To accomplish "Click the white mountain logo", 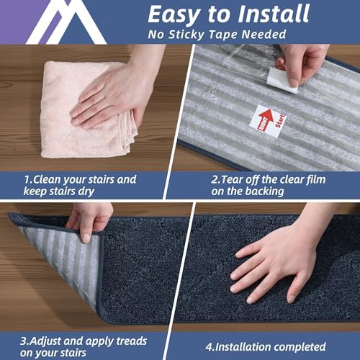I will pyautogui.click(x=54, y=22).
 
